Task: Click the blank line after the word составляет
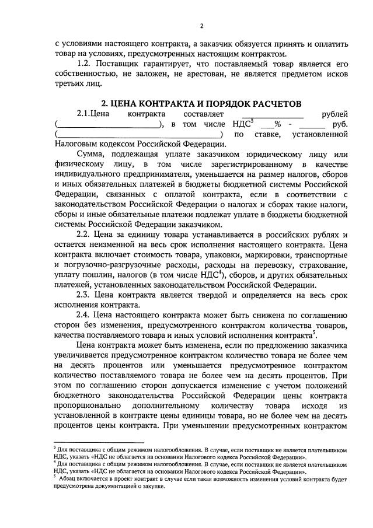pyautogui.click(x=272, y=115)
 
